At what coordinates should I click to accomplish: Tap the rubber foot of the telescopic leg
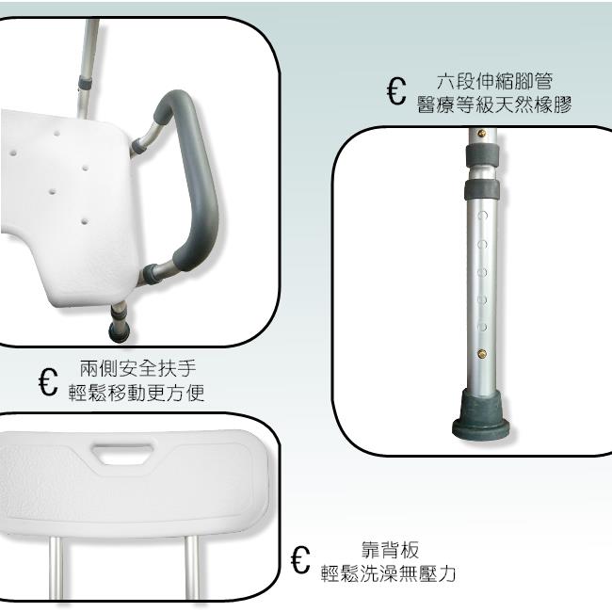tap(481, 413)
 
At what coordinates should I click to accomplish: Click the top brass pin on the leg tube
tap(482, 134)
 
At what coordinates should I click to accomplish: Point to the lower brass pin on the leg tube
tap(482, 354)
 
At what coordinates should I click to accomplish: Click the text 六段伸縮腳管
tap(494, 81)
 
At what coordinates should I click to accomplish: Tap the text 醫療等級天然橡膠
tap(494, 105)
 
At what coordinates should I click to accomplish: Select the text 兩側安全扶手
tap(137, 368)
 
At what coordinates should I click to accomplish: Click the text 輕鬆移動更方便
tap(137, 393)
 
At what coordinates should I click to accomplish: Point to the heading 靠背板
tap(390, 550)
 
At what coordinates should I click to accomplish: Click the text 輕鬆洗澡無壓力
tap(388, 573)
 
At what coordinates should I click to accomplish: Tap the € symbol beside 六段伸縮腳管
tap(396, 91)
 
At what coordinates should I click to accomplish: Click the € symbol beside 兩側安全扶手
tap(48, 381)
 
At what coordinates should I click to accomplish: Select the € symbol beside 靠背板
tap(300, 559)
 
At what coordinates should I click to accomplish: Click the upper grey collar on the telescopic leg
tap(482, 155)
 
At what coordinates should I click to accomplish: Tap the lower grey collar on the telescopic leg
tap(482, 189)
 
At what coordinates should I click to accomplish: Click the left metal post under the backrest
tap(56, 567)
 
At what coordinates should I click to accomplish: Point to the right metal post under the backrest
tap(191, 567)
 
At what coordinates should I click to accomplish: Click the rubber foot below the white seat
tap(120, 331)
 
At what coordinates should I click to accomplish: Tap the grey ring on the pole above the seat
tap(85, 82)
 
